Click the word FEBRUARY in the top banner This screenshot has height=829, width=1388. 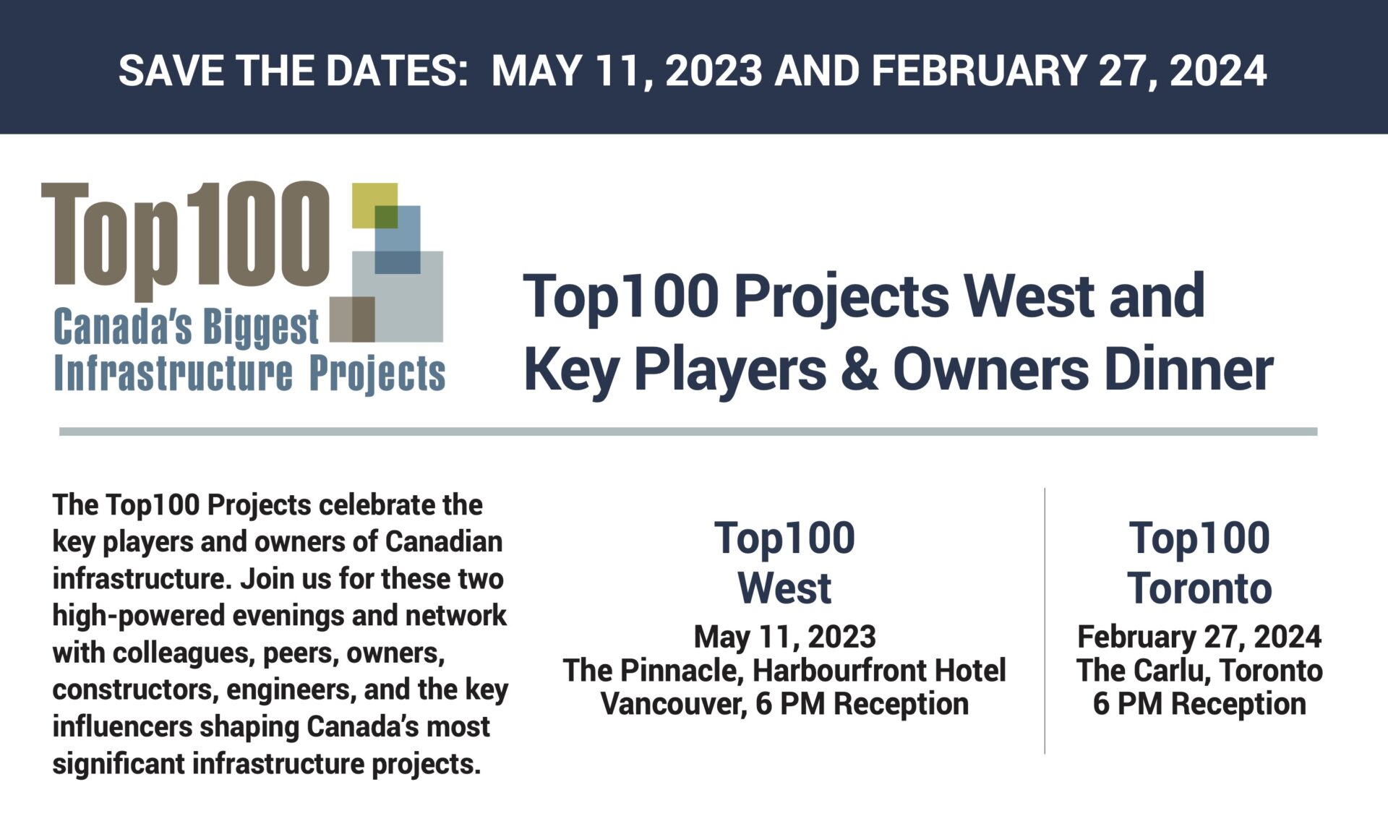[x=978, y=70]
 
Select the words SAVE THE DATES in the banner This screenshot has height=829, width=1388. [x=294, y=70]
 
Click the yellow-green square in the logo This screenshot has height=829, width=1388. [x=374, y=206]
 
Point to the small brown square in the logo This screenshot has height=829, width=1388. [x=352, y=319]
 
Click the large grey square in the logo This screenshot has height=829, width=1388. [x=398, y=296]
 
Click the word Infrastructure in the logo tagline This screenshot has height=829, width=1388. [x=173, y=373]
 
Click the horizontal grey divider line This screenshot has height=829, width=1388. [x=688, y=431]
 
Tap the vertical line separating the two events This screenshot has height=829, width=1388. [x=1045, y=621]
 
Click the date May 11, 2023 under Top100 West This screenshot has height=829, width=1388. [x=784, y=637]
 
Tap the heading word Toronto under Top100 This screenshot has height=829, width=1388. [x=1199, y=588]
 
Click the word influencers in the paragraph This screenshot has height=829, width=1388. [x=121, y=726]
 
